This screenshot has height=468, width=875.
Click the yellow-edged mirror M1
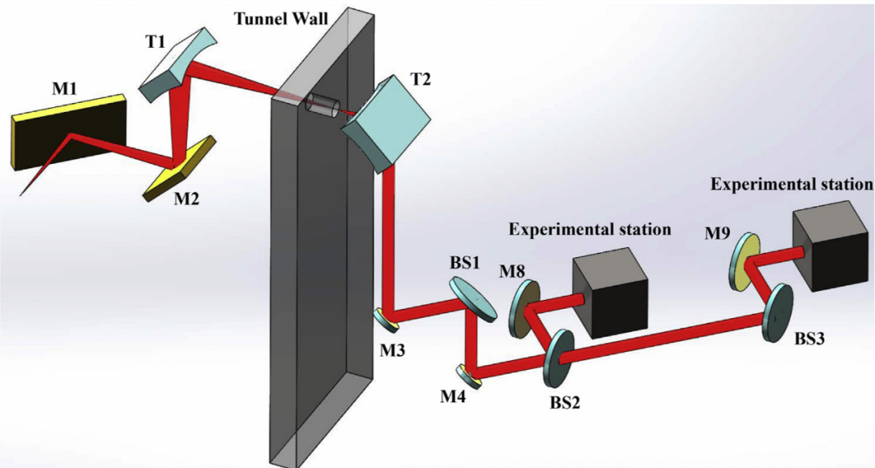pyautogui.click(x=69, y=134)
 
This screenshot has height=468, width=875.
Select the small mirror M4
pyautogui.click(x=469, y=374)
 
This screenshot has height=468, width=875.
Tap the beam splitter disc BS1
pyautogui.click(x=472, y=298)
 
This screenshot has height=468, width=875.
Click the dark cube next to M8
pyautogui.click(x=610, y=296)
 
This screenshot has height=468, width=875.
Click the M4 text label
pyautogui.click(x=453, y=397)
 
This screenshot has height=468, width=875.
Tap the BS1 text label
pyautogui.click(x=465, y=264)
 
